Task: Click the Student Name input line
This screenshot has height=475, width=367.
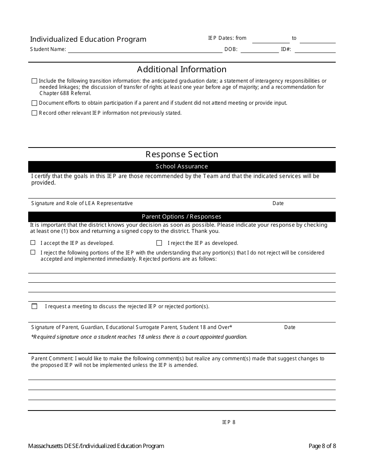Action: (x=145, y=50)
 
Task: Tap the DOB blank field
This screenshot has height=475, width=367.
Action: (x=259, y=50)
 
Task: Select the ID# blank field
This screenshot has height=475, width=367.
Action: (x=315, y=50)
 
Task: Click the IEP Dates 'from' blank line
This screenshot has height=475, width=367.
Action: (x=270, y=40)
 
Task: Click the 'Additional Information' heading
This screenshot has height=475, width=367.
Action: (x=182, y=70)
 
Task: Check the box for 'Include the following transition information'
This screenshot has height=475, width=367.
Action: (x=34, y=81)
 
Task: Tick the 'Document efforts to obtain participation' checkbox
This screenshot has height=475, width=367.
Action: (x=34, y=103)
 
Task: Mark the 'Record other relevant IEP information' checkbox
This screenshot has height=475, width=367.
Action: (x=34, y=113)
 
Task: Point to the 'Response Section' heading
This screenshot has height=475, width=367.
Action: (x=182, y=154)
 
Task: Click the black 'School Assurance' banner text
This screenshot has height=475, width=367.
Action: (x=182, y=166)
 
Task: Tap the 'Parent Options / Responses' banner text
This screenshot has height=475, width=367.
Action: (x=182, y=217)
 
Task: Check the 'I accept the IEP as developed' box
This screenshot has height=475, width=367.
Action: (x=33, y=243)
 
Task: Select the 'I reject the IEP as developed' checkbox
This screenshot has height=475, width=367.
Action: (x=159, y=243)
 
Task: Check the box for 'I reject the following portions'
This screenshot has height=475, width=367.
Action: (x=33, y=252)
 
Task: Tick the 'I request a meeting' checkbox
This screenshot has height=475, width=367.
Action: (x=34, y=306)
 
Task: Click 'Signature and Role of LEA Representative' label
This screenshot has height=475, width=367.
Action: (x=82, y=204)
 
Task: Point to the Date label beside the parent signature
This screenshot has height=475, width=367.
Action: (x=290, y=327)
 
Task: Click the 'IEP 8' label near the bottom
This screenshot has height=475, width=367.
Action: (x=229, y=422)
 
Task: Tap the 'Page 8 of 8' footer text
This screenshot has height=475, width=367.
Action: (x=322, y=446)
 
